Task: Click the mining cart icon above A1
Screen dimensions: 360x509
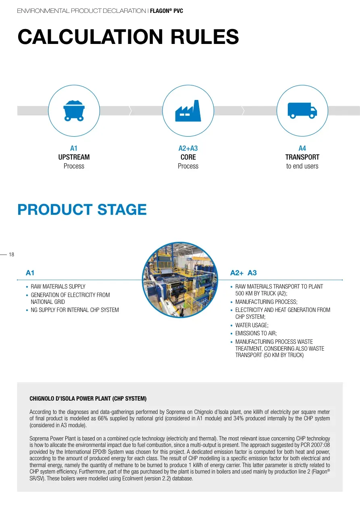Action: coord(74,111)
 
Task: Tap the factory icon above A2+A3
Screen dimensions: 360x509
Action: coord(188,111)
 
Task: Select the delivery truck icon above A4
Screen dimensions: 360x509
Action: coord(302,110)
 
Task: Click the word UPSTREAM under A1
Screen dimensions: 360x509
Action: coord(74,157)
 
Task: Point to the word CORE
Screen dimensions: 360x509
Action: coord(188,157)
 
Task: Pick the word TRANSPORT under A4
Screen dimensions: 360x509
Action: coord(302,157)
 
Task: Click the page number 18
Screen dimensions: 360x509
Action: coord(11,255)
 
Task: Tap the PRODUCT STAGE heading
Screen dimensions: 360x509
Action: coord(82,209)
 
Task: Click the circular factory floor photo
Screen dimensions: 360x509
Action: coord(180,280)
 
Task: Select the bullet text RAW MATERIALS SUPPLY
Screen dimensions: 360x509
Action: coord(58,286)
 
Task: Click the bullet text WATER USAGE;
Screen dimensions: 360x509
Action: coord(252,325)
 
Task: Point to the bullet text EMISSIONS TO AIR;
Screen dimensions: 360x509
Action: coord(256,333)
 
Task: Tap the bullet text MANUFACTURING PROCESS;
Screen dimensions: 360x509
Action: coord(266,302)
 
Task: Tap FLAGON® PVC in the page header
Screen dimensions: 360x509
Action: coord(166,11)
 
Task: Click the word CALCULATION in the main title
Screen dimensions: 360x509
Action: coord(90,37)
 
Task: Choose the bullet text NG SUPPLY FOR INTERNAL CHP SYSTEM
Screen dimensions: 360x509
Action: coord(75,310)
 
